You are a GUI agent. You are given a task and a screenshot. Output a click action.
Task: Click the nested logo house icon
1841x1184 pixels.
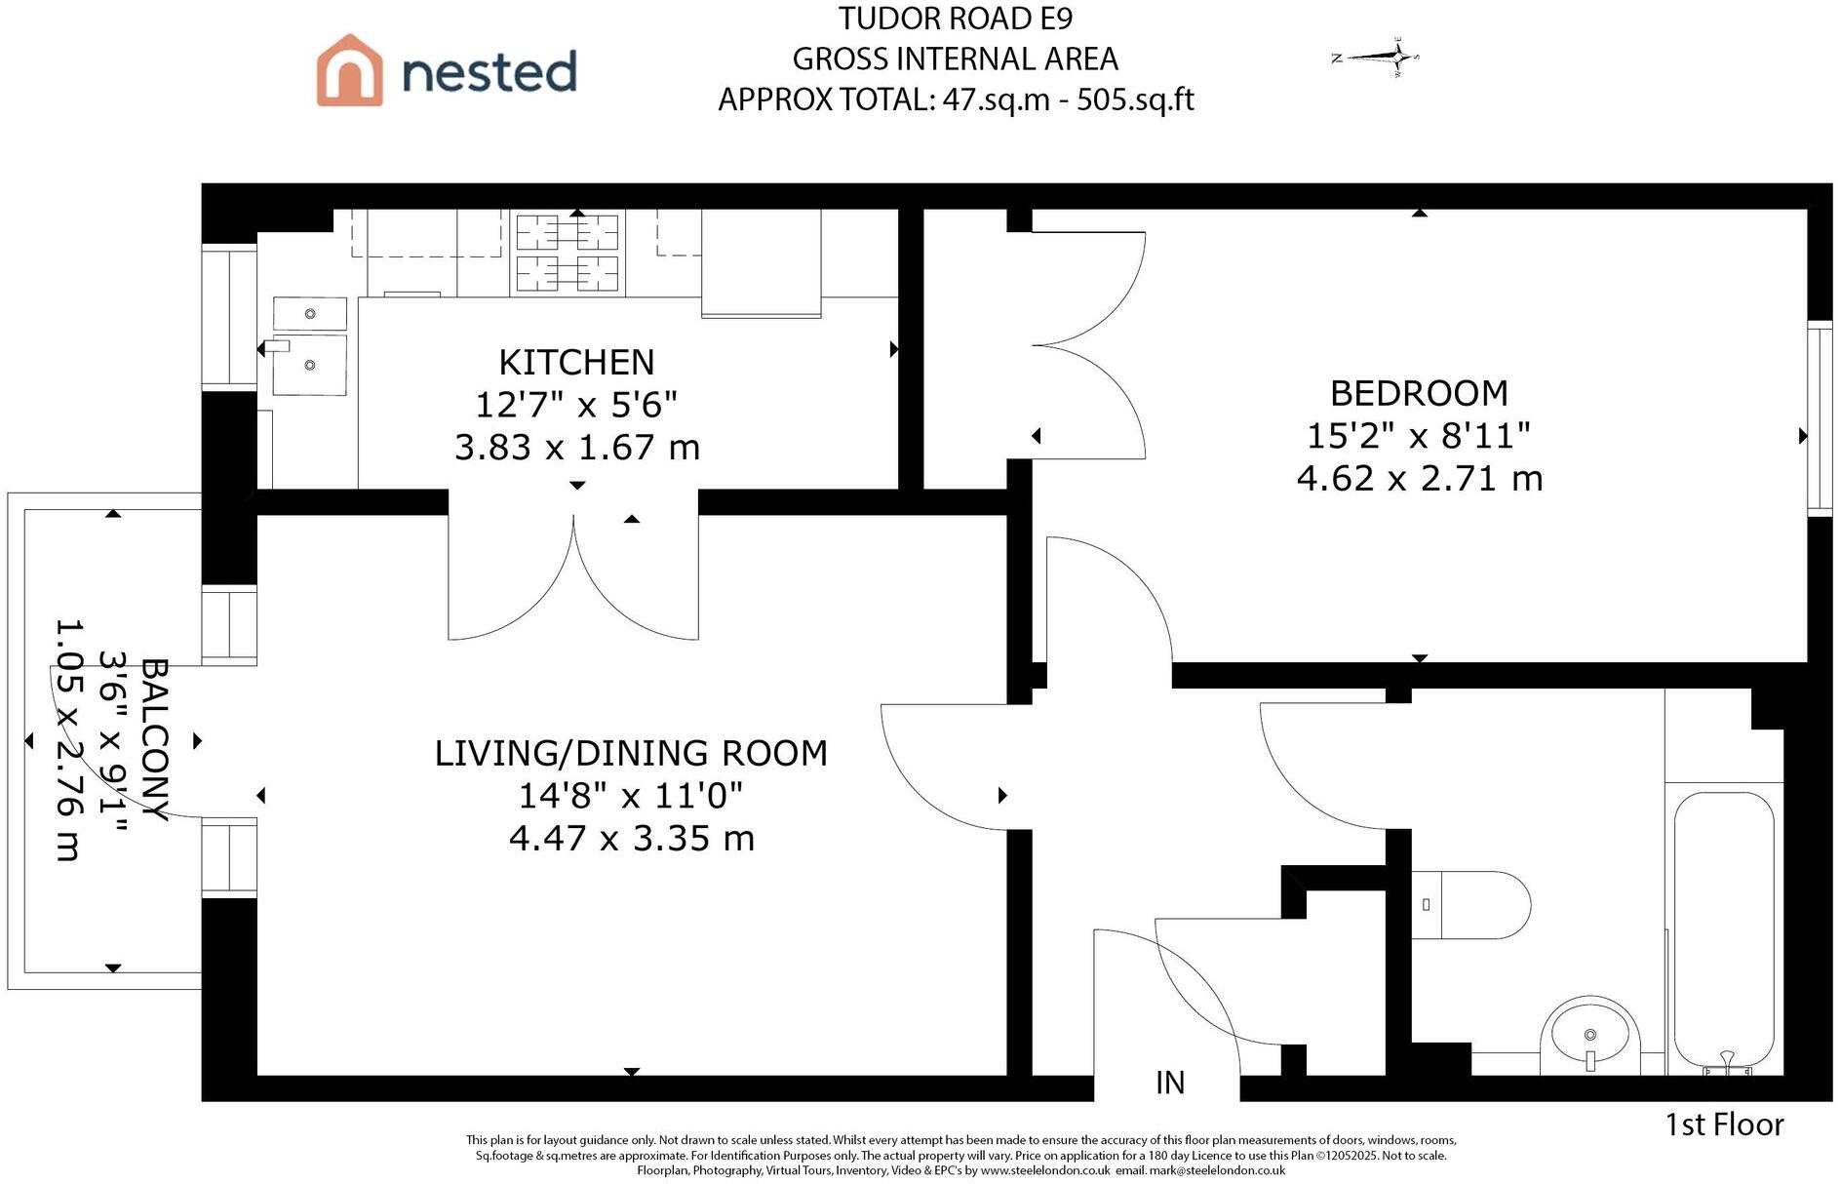pos(349,70)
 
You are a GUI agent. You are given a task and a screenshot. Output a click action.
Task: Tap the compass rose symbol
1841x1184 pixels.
pos(1377,58)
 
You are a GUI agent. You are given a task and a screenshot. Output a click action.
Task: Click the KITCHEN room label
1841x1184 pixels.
pos(576,363)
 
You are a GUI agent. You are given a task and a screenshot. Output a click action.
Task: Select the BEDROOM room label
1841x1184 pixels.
pos(1419,394)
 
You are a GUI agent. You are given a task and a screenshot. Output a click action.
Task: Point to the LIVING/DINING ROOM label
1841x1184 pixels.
pos(631,754)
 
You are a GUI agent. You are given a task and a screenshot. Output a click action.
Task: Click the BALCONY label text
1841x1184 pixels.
pos(154,739)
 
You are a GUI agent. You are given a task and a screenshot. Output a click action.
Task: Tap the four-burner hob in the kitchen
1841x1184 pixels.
pos(567,254)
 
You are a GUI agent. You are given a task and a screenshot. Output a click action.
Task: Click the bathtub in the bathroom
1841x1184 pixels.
pos(1723,931)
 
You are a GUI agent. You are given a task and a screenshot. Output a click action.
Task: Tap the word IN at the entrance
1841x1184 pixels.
pos(1169,1083)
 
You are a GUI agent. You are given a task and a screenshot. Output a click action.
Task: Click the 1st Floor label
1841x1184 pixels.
pos(1724,1125)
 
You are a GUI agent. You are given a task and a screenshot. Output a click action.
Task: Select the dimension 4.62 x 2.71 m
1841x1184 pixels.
pos(1419,479)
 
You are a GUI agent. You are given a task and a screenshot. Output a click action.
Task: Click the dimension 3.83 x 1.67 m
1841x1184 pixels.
pos(576,448)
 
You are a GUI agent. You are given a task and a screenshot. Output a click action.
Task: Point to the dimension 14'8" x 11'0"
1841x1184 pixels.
pos(630,796)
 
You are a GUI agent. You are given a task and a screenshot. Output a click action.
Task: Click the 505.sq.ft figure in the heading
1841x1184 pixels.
pos(1135,99)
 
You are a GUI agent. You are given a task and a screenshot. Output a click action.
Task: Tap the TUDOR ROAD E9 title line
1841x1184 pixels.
pos(955,19)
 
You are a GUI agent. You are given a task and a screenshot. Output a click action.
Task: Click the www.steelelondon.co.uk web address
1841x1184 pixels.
pos(1044,1170)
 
